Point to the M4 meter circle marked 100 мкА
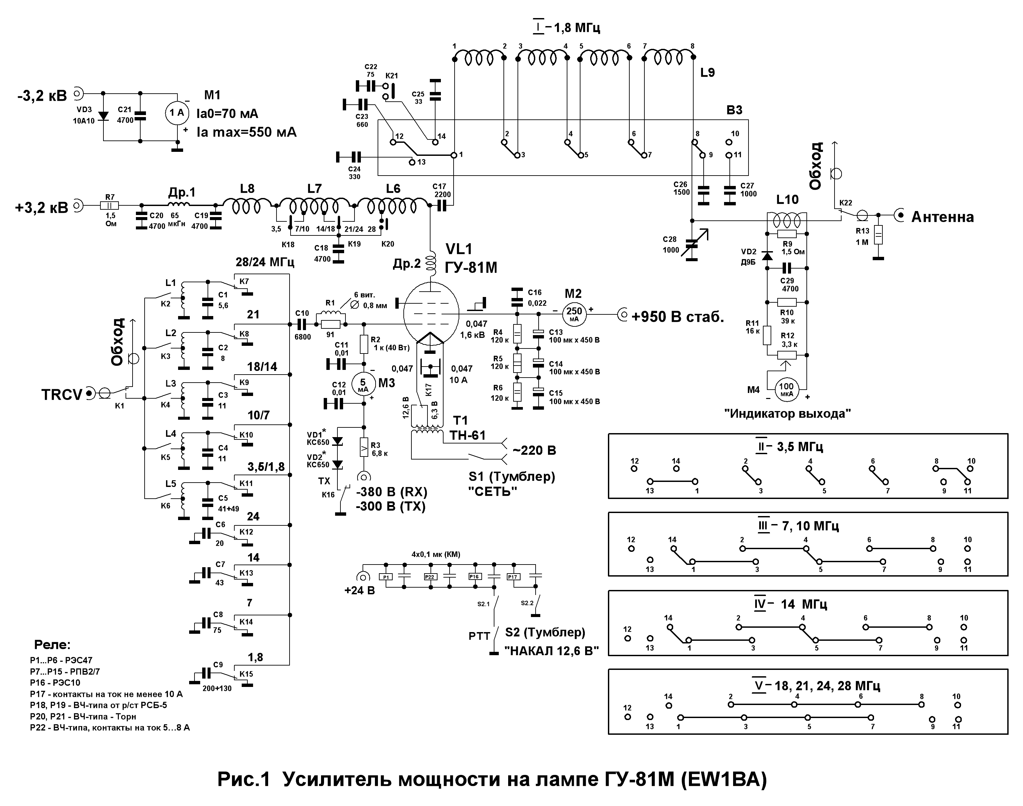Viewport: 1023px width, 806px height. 786,389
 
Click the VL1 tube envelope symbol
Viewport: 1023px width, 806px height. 431,311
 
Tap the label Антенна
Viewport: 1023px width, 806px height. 942,217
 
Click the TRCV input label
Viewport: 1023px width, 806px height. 62,395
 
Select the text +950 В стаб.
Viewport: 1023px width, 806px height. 678,317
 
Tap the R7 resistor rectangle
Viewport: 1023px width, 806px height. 109,206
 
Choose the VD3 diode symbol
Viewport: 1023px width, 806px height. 103,116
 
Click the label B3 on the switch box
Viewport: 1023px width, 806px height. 734,110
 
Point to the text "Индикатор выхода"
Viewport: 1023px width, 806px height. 787,414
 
